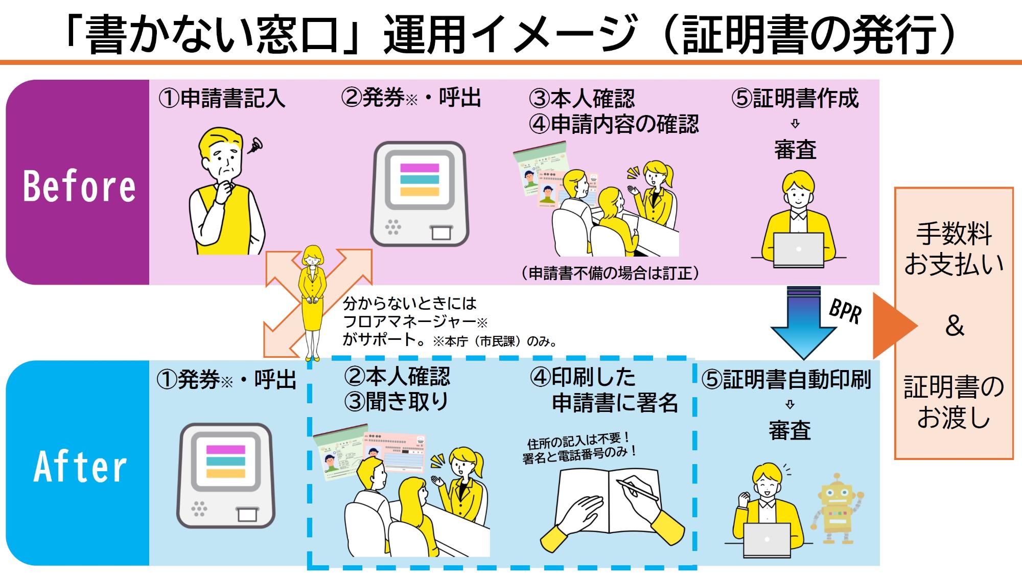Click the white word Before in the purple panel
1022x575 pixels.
79,186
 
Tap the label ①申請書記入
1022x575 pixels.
221,98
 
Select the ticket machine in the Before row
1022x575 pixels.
419,194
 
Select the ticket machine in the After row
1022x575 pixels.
226,475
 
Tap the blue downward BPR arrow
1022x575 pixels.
803,322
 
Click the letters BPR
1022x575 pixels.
845,311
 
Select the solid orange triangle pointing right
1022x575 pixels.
892,326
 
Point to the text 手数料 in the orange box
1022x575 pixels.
954,234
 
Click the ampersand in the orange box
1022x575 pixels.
954,326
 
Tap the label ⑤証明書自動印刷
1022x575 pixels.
786,380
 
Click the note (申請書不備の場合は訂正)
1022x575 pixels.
610,273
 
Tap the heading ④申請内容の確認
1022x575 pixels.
614,124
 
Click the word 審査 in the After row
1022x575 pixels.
789,430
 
